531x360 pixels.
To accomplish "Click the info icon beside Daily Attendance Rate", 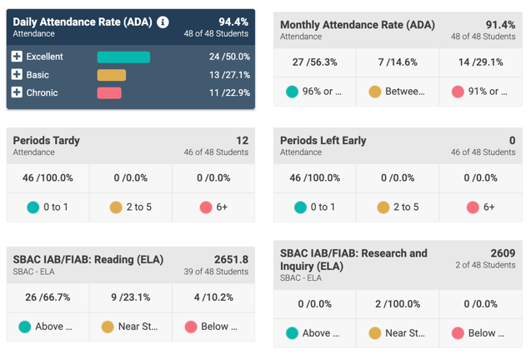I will click(x=163, y=22).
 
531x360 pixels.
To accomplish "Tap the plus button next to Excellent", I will click(x=17, y=57).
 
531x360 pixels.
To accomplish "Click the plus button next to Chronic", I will click(x=17, y=92).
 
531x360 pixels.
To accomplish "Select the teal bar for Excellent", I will click(x=123, y=57).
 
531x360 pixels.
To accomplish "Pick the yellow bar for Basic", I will click(x=112, y=75).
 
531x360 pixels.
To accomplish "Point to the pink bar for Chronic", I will click(x=109, y=92).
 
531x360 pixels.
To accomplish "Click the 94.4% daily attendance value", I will click(x=233, y=22).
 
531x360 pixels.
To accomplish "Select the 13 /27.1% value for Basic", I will click(x=229, y=75).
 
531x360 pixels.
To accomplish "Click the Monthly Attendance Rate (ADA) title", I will click(x=358, y=25).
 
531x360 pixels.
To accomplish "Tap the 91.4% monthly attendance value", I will click(x=500, y=25).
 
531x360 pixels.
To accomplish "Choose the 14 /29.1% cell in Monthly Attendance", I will click(x=481, y=62).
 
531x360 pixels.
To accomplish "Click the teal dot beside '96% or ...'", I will click(x=292, y=92).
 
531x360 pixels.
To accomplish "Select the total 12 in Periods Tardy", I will click(x=242, y=140).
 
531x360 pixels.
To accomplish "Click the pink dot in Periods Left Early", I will click(x=473, y=207).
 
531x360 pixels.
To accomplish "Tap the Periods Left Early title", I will click(x=323, y=140).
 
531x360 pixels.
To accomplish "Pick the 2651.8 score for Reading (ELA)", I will click(x=231, y=259).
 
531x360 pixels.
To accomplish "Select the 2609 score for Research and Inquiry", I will click(x=503, y=252).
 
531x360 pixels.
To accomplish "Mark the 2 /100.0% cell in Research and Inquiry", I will click(x=398, y=303).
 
